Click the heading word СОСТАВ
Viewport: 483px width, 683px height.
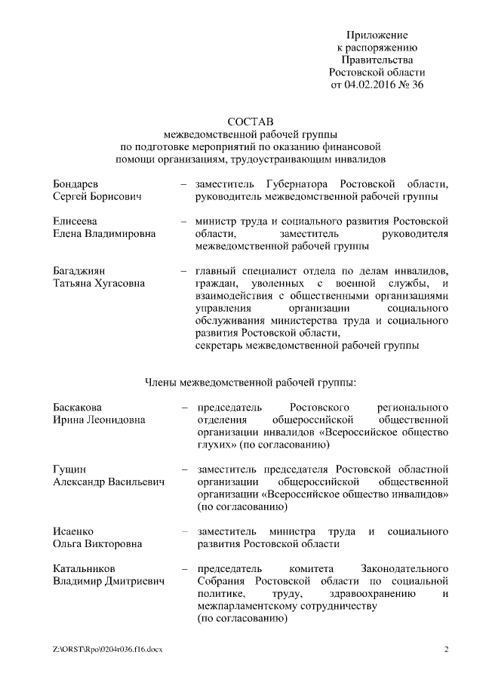tap(241, 120)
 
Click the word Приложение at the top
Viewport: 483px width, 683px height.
tap(377, 35)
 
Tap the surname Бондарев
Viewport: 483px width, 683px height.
tap(76, 184)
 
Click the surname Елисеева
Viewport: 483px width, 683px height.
tap(75, 221)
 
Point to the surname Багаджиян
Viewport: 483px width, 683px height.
tap(78, 270)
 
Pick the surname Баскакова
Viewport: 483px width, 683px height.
tap(78, 408)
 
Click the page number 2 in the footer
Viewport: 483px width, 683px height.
tap(446, 649)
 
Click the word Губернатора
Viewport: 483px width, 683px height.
tap(300, 184)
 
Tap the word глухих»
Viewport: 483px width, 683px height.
tap(215, 445)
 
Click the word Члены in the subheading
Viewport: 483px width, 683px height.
tap(160, 381)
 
